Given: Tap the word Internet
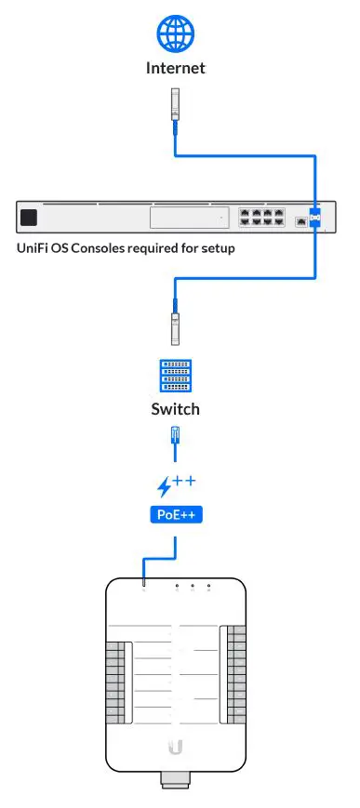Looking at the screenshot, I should [175, 68].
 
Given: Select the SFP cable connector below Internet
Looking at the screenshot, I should [175, 103].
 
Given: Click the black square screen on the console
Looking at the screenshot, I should [29, 218].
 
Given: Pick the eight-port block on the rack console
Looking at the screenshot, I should [260, 218].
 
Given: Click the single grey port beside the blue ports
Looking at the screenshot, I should [300, 222].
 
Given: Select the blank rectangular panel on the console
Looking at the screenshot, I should [189, 218].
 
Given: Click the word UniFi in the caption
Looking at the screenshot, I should [33, 248].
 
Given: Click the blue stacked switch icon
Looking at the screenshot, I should [175, 377].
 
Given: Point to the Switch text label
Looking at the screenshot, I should [175, 409].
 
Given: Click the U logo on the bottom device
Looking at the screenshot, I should [175, 747].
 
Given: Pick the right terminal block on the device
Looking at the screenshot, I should [235, 674].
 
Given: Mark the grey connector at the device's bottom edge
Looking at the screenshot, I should [175, 779].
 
